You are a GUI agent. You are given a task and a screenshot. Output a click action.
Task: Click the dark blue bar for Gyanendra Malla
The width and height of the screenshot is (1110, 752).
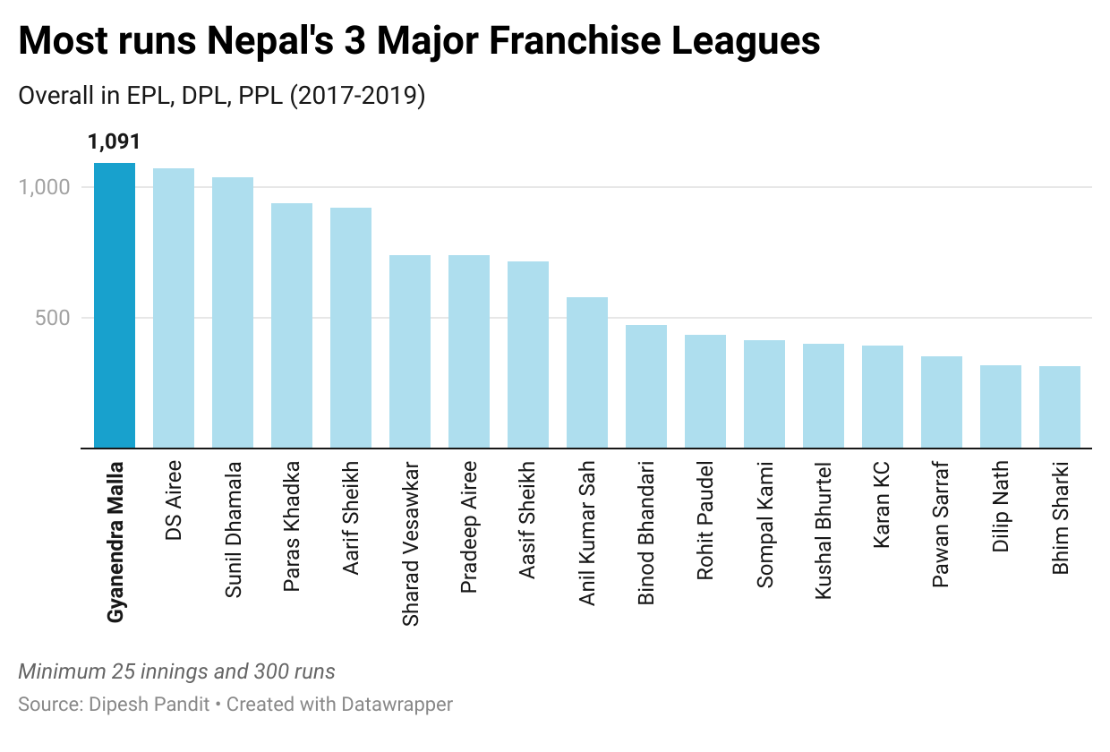pyautogui.click(x=115, y=305)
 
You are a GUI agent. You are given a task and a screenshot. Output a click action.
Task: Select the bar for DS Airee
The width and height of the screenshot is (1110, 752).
pyautogui.click(x=174, y=308)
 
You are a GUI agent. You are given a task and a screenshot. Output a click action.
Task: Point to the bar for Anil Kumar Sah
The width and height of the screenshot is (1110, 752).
pyautogui.click(x=587, y=372)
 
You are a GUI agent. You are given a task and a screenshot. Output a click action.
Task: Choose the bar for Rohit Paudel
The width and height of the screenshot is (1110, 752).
pyautogui.click(x=705, y=391)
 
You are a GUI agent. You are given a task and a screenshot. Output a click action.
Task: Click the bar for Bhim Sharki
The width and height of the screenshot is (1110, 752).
pyautogui.click(x=1060, y=406)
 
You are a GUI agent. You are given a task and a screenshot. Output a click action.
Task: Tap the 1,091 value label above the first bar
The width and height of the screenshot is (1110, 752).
pyautogui.click(x=114, y=141)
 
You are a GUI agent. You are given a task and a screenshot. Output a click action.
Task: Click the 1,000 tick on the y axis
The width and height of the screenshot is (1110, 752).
pyautogui.click(x=44, y=187)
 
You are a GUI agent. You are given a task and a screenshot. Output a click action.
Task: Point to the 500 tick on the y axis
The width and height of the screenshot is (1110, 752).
pyautogui.click(x=52, y=318)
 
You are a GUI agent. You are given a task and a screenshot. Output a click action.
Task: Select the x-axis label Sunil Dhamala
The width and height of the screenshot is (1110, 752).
pyautogui.click(x=233, y=529)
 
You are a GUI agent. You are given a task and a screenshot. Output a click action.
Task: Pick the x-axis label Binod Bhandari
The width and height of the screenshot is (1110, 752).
pyautogui.click(x=646, y=534)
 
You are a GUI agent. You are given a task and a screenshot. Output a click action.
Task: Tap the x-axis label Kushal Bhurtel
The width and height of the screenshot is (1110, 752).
pyautogui.click(x=824, y=532)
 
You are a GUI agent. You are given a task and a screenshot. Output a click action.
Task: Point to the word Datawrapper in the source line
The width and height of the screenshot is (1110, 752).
pyautogui.click(x=397, y=705)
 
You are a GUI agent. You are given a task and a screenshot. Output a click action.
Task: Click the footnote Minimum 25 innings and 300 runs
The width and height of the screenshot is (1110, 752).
pyautogui.click(x=176, y=671)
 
